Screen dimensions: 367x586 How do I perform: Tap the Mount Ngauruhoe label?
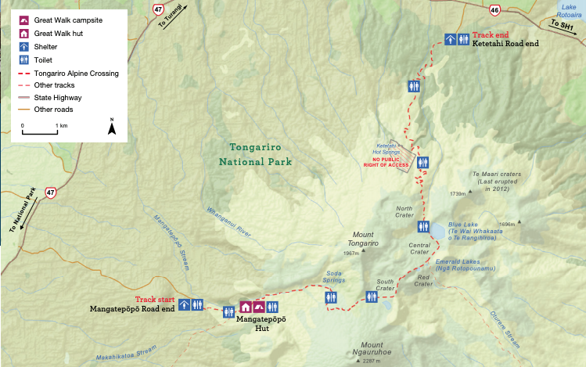point(372,349)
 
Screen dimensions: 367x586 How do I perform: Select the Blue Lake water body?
point(437,231)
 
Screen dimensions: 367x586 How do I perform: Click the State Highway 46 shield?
point(494,9)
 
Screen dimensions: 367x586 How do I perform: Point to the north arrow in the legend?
point(112,127)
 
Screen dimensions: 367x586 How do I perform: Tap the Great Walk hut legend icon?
point(24,34)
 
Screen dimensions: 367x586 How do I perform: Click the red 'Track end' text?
point(491,34)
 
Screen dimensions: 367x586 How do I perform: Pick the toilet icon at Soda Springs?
point(331,297)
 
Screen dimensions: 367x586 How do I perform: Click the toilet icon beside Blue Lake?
point(423,227)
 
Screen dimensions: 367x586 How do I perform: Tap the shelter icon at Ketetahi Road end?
point(451,39)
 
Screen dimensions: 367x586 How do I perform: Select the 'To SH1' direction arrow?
point(563,27)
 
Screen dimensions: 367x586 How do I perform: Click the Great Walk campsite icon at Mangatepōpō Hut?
point(259,307)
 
